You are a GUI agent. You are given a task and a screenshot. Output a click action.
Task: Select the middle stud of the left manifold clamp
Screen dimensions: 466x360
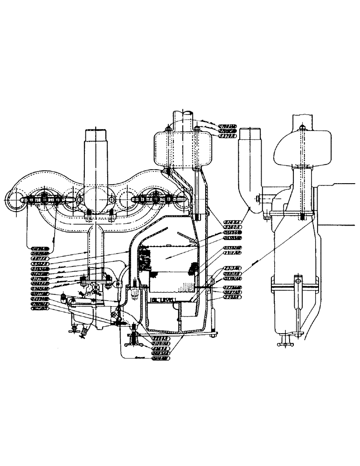tap(44, 199)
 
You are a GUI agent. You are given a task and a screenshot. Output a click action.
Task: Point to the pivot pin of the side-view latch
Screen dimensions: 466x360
tap(296, 281)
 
